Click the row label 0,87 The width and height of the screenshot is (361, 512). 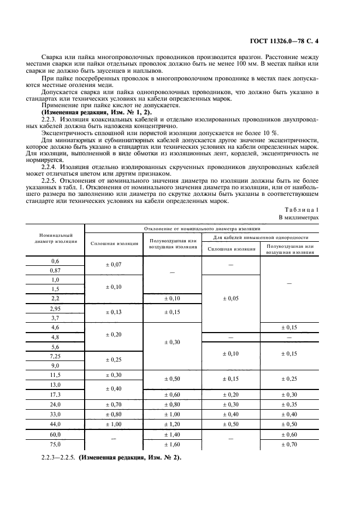pos(55,271)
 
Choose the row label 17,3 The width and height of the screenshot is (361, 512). pos(55,394)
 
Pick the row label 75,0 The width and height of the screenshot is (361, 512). pos(55,444)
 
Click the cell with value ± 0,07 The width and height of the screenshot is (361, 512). pos(114,265)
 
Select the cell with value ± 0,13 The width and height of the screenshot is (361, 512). pos(114,312)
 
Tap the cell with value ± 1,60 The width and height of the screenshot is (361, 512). pos(172,444)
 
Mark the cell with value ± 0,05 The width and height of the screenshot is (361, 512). pos(230,299)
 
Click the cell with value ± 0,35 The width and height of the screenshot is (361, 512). pos(289,404)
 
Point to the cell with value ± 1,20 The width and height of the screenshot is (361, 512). pos(172,424)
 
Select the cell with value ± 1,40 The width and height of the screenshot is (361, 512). pos(172,434)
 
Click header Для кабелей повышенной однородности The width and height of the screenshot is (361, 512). pos(260,237)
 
